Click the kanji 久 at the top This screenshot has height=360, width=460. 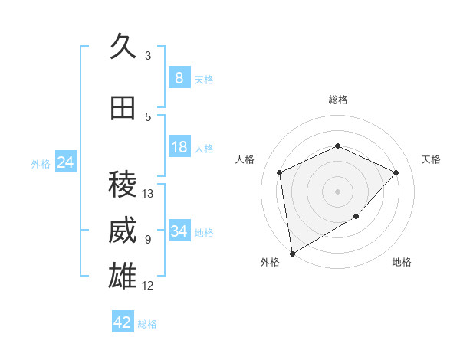click(x=123, y=47)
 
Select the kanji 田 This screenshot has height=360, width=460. click(x=123, y=109)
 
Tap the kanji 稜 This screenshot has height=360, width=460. click(x=123, y=184)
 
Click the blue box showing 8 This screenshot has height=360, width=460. click(x=179, y=78)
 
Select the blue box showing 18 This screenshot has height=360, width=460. click(x=179, y=147)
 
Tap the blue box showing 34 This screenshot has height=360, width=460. click(x=179, y=231)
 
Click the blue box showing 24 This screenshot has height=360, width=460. click(x=66, y=162)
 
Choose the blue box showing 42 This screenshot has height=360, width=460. click(x=123, y=322)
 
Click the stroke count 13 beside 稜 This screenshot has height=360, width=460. click(x=148, y=194)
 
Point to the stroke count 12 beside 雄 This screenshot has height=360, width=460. click(x=148, y=286)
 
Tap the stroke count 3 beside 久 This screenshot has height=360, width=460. click(x=148, y=56)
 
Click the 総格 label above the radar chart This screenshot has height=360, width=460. click(x=337, y=100)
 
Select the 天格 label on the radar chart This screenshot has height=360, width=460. click(x=431, y=159)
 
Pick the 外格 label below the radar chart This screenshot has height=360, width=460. click(x=270, y=263)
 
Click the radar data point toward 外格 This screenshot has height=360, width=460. click(x=292, y=253)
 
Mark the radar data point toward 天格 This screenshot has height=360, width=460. click(x=396, y=172)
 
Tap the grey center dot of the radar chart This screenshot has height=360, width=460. click(x=337, y=191)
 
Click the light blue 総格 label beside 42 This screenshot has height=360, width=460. click(x=147, y=324)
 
